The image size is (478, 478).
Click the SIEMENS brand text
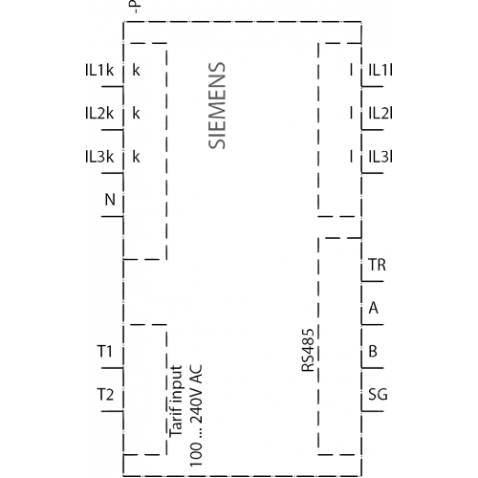(x=217, y=105)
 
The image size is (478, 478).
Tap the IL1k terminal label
(x=99, y=70)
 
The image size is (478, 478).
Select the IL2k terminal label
(x=99, y=114)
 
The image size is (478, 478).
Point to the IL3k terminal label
(x=99, y=157)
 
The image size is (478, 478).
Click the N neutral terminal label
(x=110, y=200)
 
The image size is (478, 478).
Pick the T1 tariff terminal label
(x=105, y=351)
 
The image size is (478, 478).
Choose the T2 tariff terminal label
(x=105, y=395)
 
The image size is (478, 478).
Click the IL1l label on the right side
(x=380, y=70)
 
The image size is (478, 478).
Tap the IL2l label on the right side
(x=380, y=114)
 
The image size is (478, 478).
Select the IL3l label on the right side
(x=380, y=157)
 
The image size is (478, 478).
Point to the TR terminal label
(x=377, y=265)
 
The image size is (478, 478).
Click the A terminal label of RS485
(x=374, y=308)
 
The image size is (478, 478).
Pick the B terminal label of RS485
(x=373, y=351)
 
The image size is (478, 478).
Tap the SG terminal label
(x=378, y=395)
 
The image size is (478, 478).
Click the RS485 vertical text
(x=308, y=350)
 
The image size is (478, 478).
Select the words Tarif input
(x=176, y=401)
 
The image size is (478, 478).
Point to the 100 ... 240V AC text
(x=196, y=416)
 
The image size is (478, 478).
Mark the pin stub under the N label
(x=113, y=217)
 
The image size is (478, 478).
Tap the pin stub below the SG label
(x=373, y=411)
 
